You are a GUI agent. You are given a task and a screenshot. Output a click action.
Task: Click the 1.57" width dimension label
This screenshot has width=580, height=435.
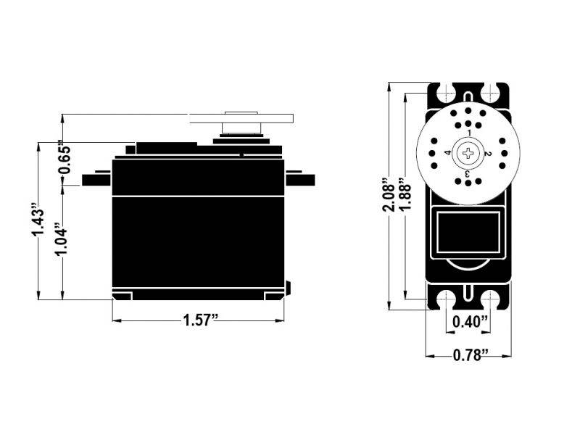pos(196,320)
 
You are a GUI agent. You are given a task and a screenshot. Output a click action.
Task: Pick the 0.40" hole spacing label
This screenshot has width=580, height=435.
pos(469,321)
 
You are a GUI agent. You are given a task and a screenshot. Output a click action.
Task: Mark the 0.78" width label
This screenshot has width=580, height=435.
pos(469,355)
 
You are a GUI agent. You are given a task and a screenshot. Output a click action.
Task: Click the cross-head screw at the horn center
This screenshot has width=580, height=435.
pos(469,153)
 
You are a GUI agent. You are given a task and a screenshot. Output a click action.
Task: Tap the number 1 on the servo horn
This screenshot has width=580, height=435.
pos(469,133)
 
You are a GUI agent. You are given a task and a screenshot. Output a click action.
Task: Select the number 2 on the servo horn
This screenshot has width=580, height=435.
pos(488,154)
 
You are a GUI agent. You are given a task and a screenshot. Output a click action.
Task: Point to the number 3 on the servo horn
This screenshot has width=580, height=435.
pos(468,173)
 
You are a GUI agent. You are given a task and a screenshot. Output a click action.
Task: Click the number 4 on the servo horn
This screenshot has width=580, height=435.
pos(449,153)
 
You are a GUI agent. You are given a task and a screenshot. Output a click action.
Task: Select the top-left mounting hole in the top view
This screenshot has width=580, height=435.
pos(442,93)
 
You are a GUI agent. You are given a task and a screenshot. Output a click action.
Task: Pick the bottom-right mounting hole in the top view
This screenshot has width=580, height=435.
pos(495,299)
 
